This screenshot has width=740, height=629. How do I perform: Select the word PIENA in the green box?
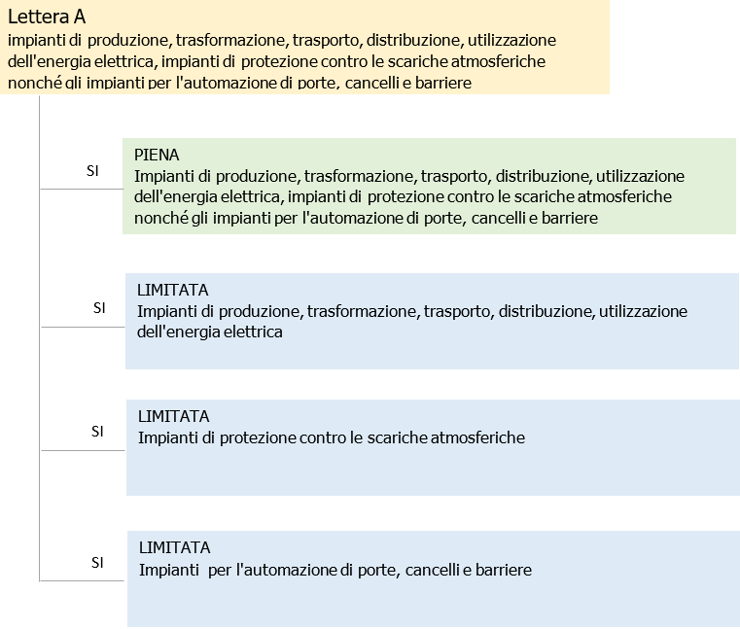pos(157,155)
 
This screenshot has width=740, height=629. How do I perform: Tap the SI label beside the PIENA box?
pos(92,170)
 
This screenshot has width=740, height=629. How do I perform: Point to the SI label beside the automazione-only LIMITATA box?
pos(97,562)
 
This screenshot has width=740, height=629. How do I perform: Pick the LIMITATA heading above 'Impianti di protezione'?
pos(173,416)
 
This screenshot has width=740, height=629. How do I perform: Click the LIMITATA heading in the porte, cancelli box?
pos(174,547)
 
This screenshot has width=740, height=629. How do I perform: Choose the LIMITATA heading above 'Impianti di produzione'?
pos(173,290)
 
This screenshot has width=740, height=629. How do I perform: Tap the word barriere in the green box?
pos(565,219)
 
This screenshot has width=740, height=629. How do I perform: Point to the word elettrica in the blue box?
pos(251,332)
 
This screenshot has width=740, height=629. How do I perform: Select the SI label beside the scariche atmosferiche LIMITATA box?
pos(97,431)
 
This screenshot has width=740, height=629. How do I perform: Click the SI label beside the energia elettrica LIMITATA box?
pos(99,308)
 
